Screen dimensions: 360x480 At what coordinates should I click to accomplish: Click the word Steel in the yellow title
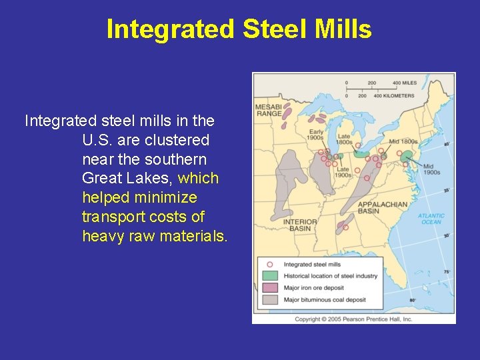273,30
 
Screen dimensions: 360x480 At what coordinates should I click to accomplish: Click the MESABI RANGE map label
269,111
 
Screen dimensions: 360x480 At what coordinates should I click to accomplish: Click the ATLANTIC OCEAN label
431,219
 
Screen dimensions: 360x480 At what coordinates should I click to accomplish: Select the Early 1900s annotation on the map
315,135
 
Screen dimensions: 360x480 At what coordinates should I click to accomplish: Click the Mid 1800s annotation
403,141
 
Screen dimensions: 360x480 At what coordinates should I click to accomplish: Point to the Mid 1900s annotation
431,169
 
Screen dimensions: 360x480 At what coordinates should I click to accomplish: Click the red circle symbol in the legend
270,265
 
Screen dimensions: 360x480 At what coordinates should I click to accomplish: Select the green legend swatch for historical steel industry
270,276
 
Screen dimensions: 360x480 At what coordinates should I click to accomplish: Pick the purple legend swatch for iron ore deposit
270,288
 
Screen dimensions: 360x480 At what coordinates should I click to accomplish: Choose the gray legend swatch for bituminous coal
270,300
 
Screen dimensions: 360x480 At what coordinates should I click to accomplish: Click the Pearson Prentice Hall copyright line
353,319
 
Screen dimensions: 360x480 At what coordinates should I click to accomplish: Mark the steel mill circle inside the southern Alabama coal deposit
345,226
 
